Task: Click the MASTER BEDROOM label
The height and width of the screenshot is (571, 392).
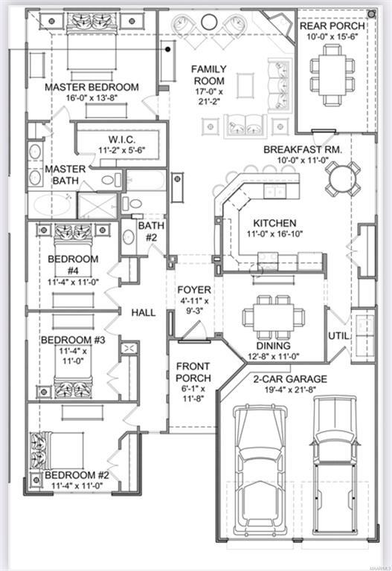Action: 91,87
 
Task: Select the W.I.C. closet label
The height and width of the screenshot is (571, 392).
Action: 120,138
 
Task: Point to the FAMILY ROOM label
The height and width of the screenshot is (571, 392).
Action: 209,74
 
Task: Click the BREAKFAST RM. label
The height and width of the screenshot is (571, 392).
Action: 302,149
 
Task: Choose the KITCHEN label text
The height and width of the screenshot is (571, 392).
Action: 274,223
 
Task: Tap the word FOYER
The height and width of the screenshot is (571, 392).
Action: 193,289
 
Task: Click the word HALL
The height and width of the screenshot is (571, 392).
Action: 143,312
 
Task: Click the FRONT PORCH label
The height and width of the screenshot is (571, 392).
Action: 193,372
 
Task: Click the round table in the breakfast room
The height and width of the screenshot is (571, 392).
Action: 342,178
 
